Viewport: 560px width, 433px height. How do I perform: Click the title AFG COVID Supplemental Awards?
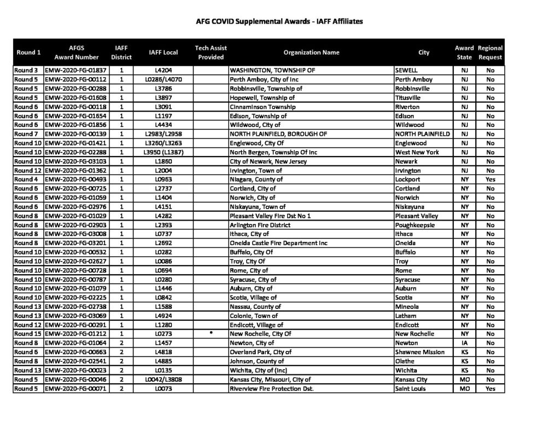point(279,22)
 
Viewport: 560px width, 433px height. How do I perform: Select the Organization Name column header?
point(311,53)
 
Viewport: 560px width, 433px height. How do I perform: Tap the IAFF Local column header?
point(163,53)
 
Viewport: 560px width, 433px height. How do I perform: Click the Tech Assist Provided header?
point(211,53)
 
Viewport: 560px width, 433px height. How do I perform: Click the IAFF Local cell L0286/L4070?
point(163,79)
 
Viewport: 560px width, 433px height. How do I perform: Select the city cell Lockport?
point(407,180)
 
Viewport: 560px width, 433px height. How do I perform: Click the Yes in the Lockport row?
point(490,180)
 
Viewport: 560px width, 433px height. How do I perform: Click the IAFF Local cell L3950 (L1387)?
point(163,152)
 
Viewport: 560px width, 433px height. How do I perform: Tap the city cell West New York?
point(417,152)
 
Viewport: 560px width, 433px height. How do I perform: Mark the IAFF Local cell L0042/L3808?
point(163,379)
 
